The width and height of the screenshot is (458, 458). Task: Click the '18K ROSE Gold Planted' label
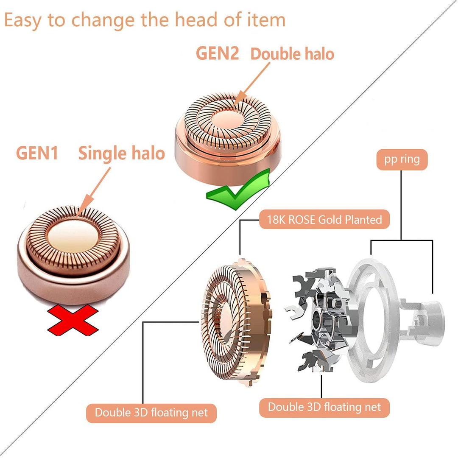[324, 219]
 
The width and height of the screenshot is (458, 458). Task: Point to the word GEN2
[217, 53]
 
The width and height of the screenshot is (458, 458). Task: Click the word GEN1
[37, 153]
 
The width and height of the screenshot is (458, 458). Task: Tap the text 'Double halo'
[292, 54]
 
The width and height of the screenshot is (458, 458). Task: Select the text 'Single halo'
[121, 153]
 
